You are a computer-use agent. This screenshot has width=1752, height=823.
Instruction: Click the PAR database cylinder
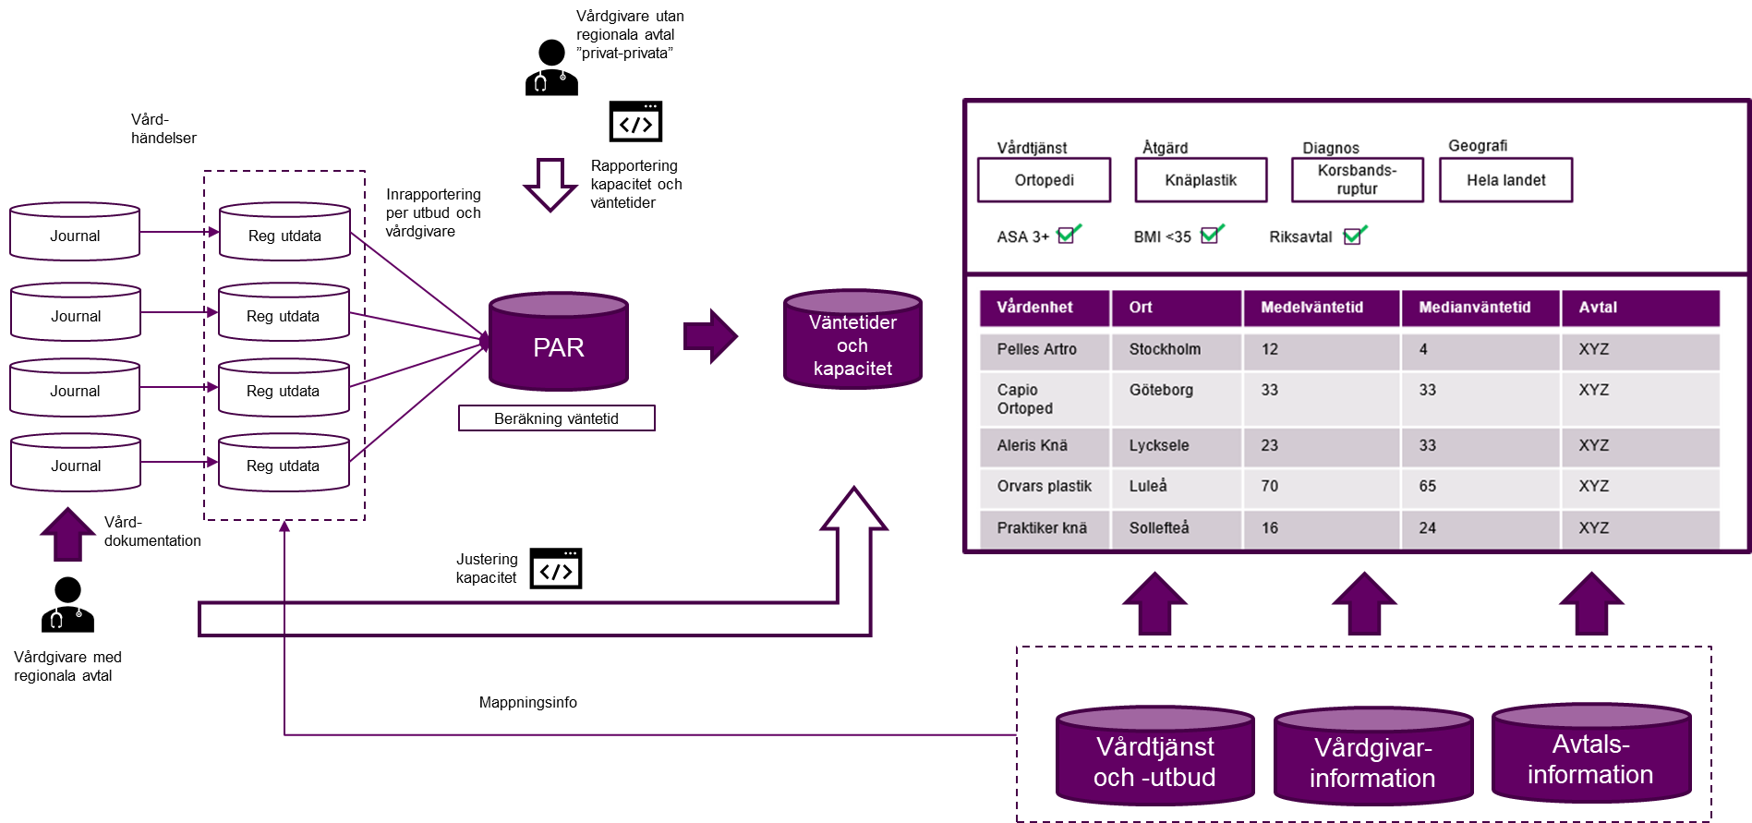(x=559, y=344)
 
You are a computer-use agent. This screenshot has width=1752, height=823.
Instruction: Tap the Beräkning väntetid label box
(x=556, y=418)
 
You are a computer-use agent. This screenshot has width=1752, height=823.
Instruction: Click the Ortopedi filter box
(x=1044, y=180)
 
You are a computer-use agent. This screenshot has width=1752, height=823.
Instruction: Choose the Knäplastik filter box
(x=1201, y=180)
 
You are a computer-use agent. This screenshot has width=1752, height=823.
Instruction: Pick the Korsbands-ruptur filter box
(x=1357, y=179)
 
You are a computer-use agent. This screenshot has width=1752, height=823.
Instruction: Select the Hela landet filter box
(x=1505, y=180)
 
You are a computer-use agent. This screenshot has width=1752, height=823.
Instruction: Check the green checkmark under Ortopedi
(x=1068, y=234)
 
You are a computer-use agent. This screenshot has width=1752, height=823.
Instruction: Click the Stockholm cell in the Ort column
(x=1166, y=349)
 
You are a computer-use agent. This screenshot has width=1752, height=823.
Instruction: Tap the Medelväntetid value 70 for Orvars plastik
(x=1270, y=486)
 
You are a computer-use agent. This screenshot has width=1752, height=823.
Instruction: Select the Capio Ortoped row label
(x=1025, y=399)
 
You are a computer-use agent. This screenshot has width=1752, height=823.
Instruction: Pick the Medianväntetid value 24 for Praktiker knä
(x=1428, y=528)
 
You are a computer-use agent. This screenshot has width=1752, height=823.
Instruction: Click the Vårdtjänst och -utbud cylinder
(x=1154, y=759)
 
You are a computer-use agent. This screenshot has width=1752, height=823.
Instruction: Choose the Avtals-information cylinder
(x=1590, y=757)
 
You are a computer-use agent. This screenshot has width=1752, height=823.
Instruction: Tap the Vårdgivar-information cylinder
(x=1372, y=760)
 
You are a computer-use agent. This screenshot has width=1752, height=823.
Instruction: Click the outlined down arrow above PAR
(x=550, y=184)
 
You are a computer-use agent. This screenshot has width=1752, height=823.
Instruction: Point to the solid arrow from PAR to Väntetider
(x=709, y=336)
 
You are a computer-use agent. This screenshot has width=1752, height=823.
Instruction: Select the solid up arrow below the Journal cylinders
(x=68, y=535)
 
